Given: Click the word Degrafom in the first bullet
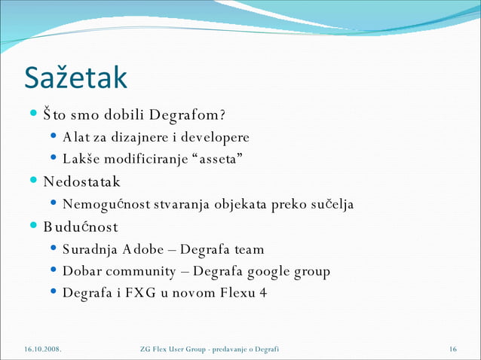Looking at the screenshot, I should pos(185,116).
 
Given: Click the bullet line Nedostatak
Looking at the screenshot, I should pos(81,182).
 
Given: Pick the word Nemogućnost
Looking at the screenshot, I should pos(103,204).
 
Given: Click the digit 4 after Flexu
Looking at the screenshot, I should pos(263,293).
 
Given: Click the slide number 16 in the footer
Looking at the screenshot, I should pos(453,349).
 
